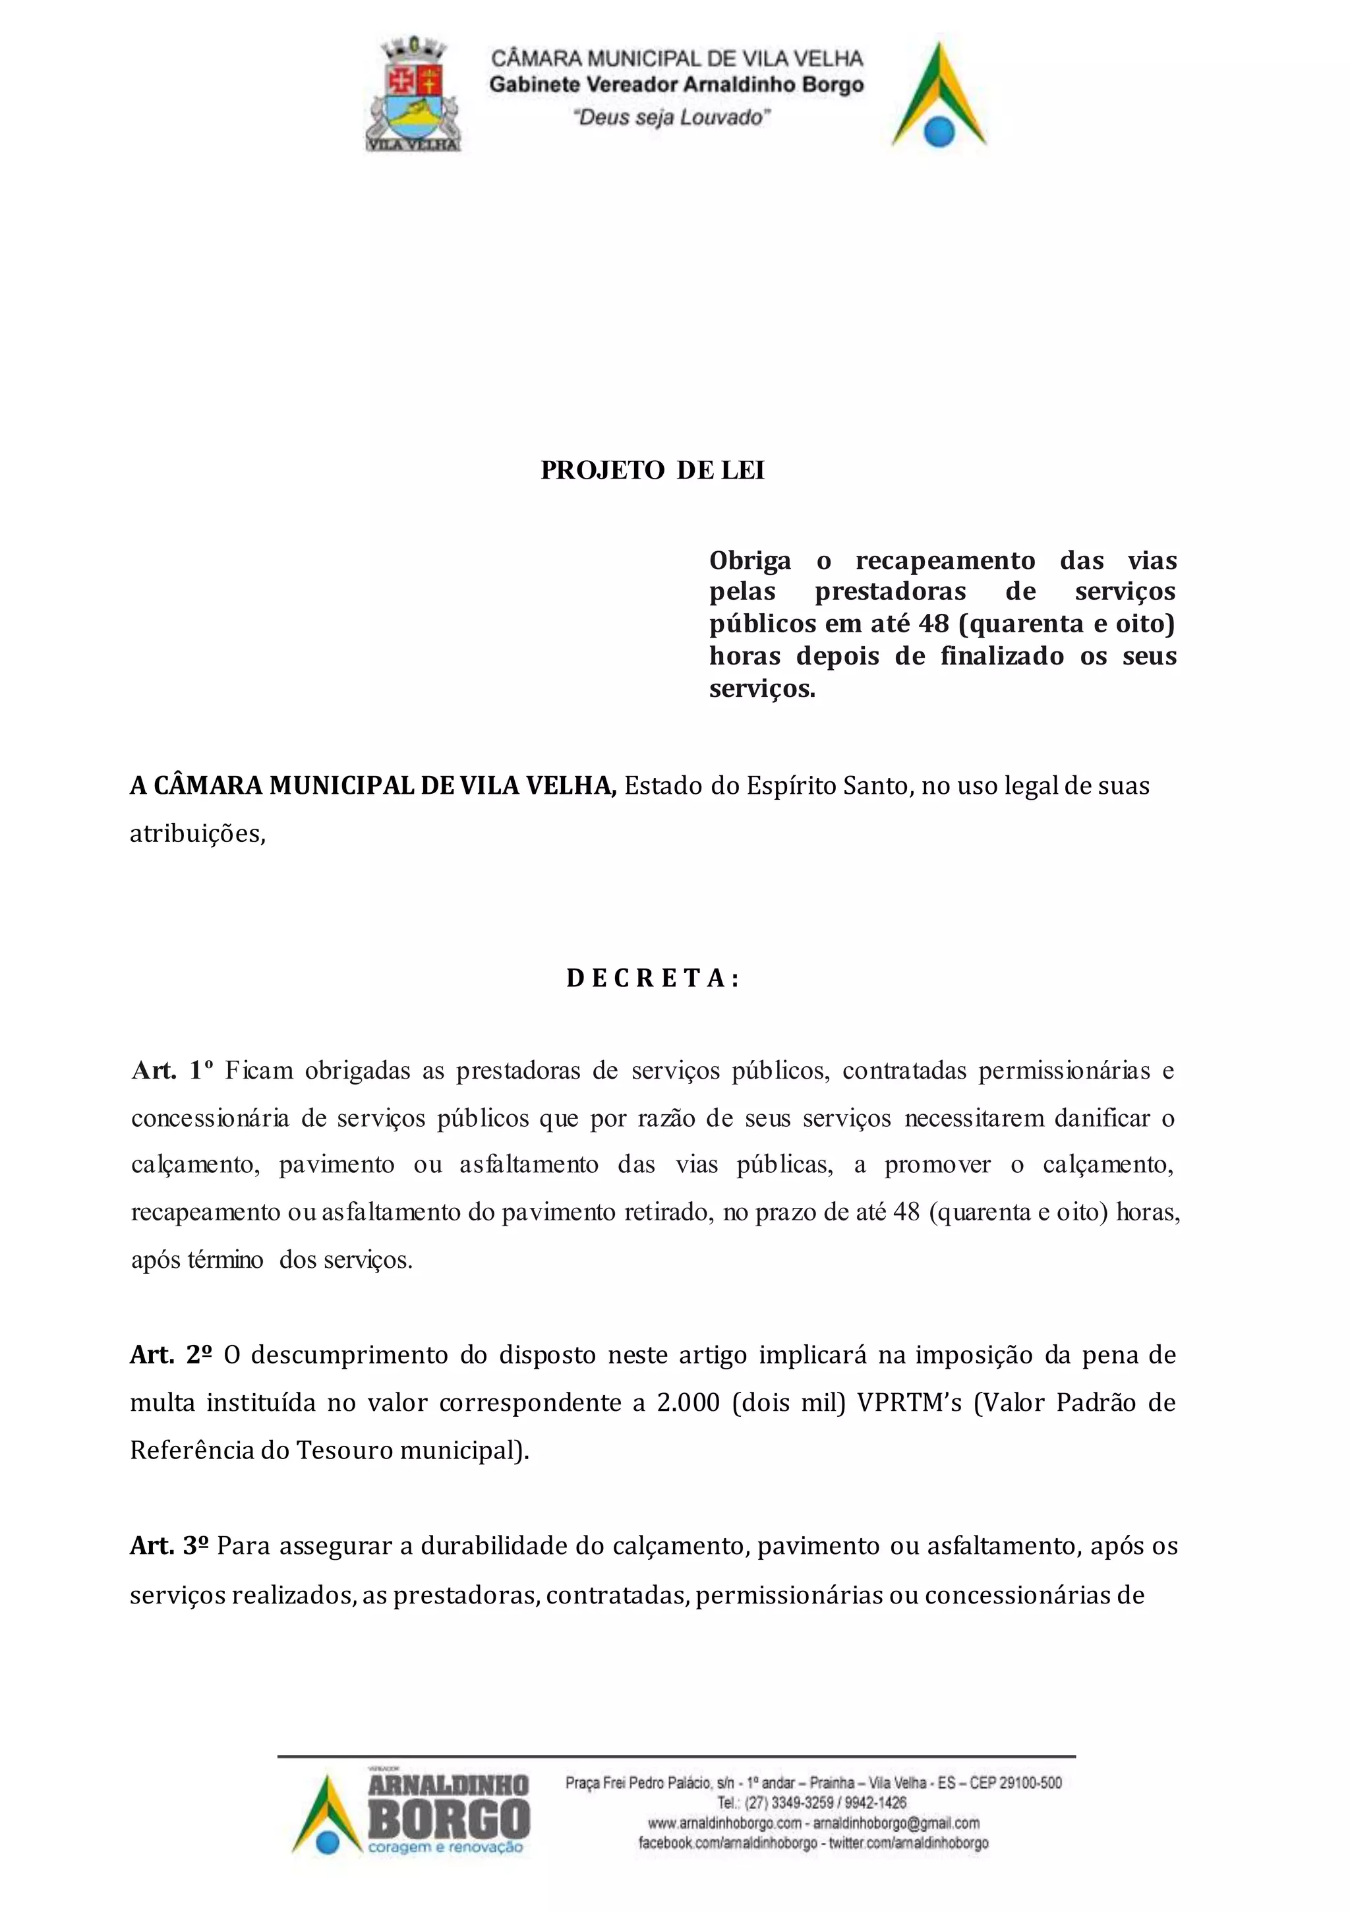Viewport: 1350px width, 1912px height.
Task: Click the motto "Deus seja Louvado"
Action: pos(671,117)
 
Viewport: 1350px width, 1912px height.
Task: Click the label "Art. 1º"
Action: pos(173,1071)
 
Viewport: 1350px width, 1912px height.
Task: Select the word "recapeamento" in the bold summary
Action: pos(945,560)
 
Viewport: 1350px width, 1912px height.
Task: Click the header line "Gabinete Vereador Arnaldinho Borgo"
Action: pos(676,85)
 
